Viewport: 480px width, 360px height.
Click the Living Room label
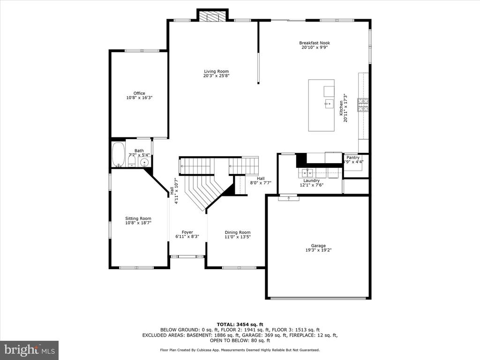click(217, 71)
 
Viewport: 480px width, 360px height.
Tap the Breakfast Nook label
click(315, 43)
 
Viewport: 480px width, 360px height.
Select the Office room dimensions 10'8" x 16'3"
click(139, 97)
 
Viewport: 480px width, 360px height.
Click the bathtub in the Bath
click(118, 154)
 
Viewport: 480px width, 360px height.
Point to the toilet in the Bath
click(132, 160)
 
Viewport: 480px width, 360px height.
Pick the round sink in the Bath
click(144, 162)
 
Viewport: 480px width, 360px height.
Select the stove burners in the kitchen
click(363, 105)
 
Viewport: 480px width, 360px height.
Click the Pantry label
click(353, 157)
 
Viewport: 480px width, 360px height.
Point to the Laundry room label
click(311, 180)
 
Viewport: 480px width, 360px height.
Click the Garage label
click(318, 246)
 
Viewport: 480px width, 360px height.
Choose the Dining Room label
click(238, 232)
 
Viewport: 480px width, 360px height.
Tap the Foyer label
click(187, 232)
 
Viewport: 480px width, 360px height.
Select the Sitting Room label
click(138, 218)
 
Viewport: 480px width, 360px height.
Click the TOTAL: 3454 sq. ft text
click(240, 324)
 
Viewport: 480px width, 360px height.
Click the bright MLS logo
click(30, 350)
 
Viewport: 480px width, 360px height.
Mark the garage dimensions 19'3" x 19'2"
click(318, 250)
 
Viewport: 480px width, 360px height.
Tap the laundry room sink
click(306, 173)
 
